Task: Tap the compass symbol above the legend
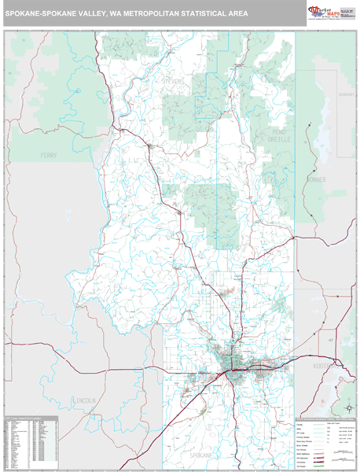(x=346, y=407)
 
